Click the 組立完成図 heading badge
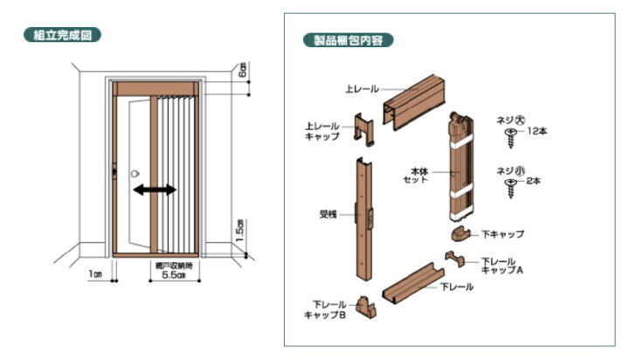pyautogui.click(x=62, y=35)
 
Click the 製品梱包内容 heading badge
pyautogui.click(x=349, y=40)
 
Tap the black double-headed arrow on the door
pyautogui.click(x=155, y=190)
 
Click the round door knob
pyautogui.click(x=135, y=174)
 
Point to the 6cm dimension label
pyautogui.click(x=242, y=69)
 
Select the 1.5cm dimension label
pyautogui.click(x=240, y=231)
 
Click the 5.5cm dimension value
pyautogui.click(x=174, y=275)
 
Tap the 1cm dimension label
pyautogui.click(x=95, y=273)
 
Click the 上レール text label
pyautogui.click(x=362, y=89)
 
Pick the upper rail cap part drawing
pyautogui.click(x=363, y=128)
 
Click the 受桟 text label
pyautogui.click(x=328, y=215)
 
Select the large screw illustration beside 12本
pyautogui.click(x=511, y=137)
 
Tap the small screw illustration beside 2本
pyautogui.click(x=511, y=188)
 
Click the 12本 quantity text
pyautogui.click(x=537, y=131)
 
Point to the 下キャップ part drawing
pyautogui.click(x=462, y=234)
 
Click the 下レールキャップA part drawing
pyautogui.click(x=455, y=259)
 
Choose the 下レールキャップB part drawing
pyautogui.click(x=365, y=307)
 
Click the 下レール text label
pyautogui.click(x=457, y=287)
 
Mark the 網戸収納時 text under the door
pyautogui.click(x=174, y=266)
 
